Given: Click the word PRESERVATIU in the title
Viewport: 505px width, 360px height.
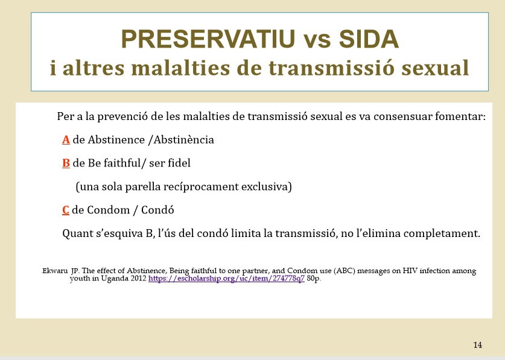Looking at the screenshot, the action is tap(208, 39).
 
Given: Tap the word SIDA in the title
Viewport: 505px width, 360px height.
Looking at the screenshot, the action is tap(369, 39).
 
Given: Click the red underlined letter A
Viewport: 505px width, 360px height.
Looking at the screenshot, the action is tap(66, 140).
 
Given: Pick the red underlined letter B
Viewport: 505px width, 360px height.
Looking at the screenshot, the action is tap(66, 163).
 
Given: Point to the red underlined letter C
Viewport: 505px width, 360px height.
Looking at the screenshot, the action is tap(66, 210).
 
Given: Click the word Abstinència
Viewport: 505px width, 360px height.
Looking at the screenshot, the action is tap(183, 140).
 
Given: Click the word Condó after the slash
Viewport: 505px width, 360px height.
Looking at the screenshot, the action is tap(157, 210).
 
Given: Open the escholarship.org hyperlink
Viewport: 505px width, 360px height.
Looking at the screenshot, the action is tap(226, 278).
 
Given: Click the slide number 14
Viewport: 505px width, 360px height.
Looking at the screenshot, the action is tap(478, 345).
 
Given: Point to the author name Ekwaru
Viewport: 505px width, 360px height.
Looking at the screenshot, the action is tap(55, 271).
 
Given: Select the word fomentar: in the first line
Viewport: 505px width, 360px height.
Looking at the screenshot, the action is tap(460, 116).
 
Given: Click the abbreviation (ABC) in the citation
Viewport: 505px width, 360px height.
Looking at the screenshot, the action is tap(345, 271).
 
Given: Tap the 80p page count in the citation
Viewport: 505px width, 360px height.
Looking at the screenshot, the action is tap(314, 279).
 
